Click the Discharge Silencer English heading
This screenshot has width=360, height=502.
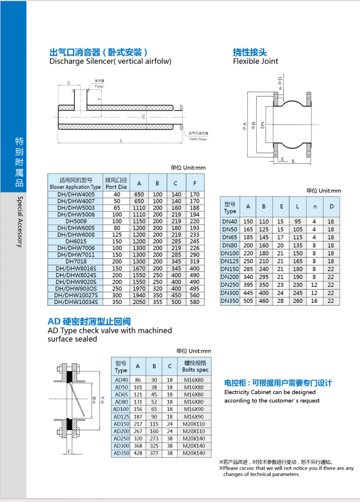pos(110,61)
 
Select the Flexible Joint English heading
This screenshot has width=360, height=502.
pos(255,61)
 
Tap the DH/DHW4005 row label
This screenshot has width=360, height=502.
pos(76,194)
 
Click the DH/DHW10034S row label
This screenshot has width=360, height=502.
pos(76,302)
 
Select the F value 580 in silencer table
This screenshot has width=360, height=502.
pos(195,302)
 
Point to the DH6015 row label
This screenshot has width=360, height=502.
pos(76,241)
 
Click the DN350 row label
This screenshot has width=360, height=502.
pos(229,301)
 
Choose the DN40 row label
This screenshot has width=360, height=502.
pos(229,221)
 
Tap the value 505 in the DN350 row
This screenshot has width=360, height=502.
pos(248,301)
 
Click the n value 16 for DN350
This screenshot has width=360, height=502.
pos(314,301)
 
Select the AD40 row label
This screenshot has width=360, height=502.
pos(121,380)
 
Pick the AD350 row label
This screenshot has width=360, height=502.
pos(121,453)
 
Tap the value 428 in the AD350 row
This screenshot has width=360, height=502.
pos(138,453)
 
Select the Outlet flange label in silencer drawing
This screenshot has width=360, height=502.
pos(198,140)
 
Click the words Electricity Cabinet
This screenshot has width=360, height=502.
pos(247,392)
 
